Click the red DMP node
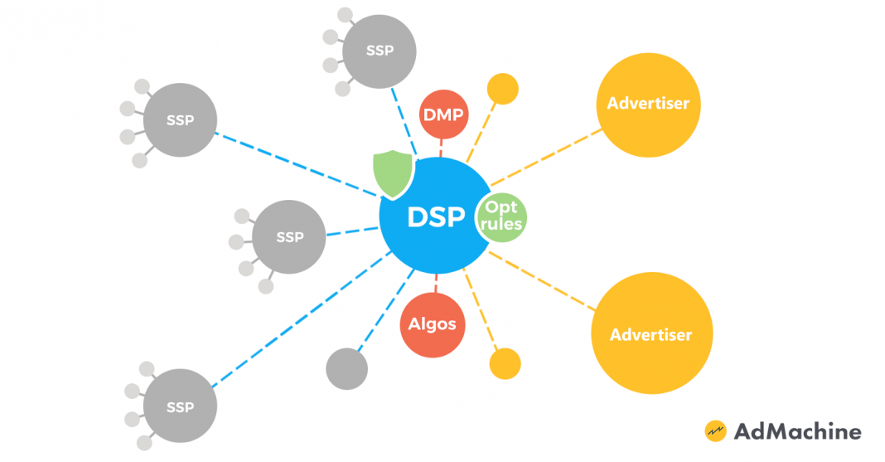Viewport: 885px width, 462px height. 444,115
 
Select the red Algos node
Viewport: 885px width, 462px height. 433,323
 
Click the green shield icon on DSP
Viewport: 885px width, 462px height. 389,173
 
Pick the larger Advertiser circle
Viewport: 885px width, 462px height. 651,334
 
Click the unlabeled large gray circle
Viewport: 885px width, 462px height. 346,367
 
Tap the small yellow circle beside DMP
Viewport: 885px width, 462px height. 502,89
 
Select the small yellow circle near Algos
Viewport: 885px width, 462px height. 505,363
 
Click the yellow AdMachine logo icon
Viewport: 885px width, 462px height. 715,431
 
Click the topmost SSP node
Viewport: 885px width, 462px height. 380,51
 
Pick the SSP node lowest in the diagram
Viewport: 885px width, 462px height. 180,407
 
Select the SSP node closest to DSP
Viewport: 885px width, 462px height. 289,237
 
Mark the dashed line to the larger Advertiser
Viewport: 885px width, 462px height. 543,282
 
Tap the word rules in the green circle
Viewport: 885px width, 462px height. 502,224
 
